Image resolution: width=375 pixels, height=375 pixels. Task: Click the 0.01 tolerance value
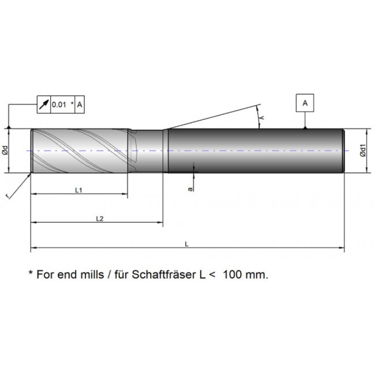tap(59, 105)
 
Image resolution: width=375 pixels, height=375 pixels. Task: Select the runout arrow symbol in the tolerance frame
tap(44, 105)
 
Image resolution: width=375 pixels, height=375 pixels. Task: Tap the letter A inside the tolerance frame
tap(80, 105)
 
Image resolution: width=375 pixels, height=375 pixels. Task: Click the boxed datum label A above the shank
tap(305, 103)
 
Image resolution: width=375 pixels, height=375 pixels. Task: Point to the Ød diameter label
tap(6, 150)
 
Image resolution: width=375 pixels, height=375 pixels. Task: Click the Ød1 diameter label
tap(363, 150)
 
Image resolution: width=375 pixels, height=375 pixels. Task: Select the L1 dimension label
tap(79, 190)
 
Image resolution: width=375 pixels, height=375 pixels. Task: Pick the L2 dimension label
tap(99, 218)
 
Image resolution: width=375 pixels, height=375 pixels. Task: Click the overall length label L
tap(187, 244)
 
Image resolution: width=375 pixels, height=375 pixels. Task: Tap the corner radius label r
tap(8, 196)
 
